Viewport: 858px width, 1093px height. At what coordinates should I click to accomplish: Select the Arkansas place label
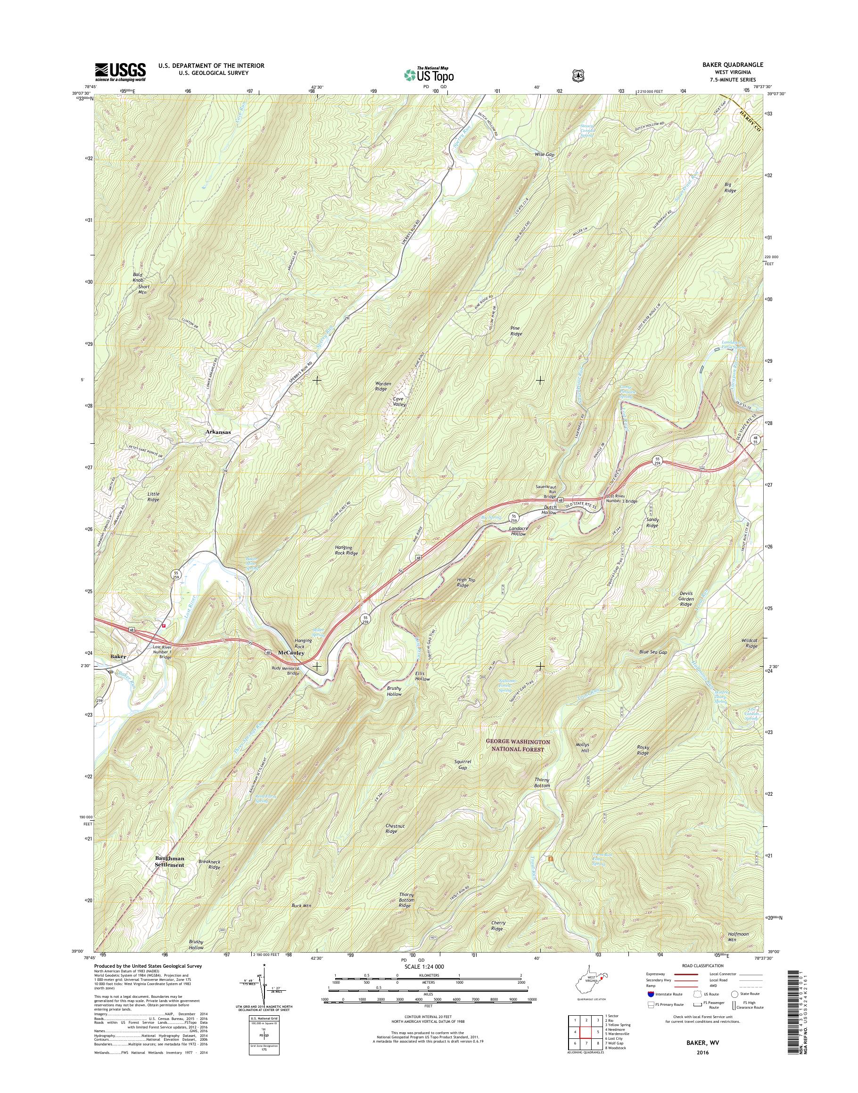click(x=218, y=432)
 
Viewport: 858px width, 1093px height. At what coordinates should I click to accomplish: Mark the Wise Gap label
click(x=544, y=155)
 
